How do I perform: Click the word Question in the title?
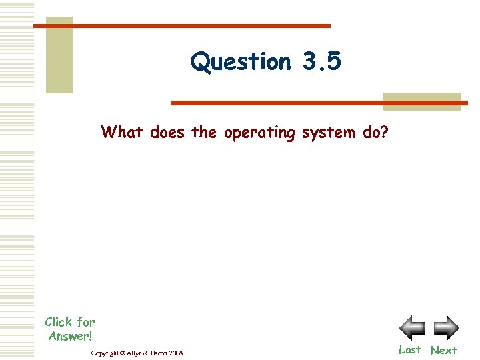click(241, 62)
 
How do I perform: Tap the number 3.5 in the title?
click(321, 61)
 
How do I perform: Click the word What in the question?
click(123, 132)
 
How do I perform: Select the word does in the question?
click(168, 132)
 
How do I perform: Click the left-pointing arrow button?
click(412, 328)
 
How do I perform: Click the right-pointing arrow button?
click(446, 328)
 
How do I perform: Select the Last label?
click(409, 350)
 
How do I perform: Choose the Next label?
click(443, 350)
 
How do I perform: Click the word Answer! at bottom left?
click(70, 336)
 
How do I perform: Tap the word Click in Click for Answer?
click(59, 322)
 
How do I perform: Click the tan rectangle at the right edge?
click(421, 101)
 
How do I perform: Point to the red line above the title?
click(181, 26)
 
